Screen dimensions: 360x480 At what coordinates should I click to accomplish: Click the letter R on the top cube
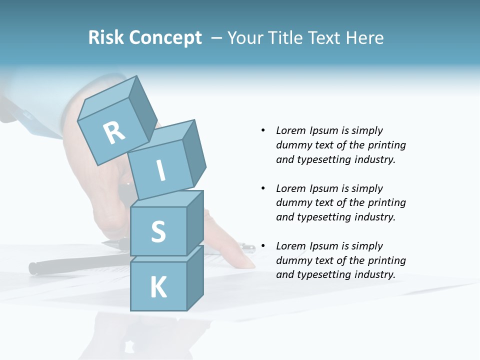[x=114, y=132]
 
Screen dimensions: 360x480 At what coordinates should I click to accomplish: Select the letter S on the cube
[x=158, y=232]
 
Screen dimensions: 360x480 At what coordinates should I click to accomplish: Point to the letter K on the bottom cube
[x=158, y=288]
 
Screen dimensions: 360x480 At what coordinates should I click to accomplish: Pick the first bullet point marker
[x=263, y=130]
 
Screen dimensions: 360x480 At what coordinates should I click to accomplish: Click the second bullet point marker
[x=263, y=188]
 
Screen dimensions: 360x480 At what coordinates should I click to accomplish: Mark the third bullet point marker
[x=263, y=246]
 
